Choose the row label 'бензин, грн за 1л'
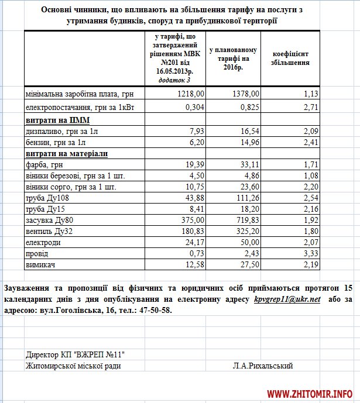tap(56, 142)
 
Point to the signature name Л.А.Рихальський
tap(262, 366)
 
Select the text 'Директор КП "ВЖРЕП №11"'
tap(76, 354)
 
